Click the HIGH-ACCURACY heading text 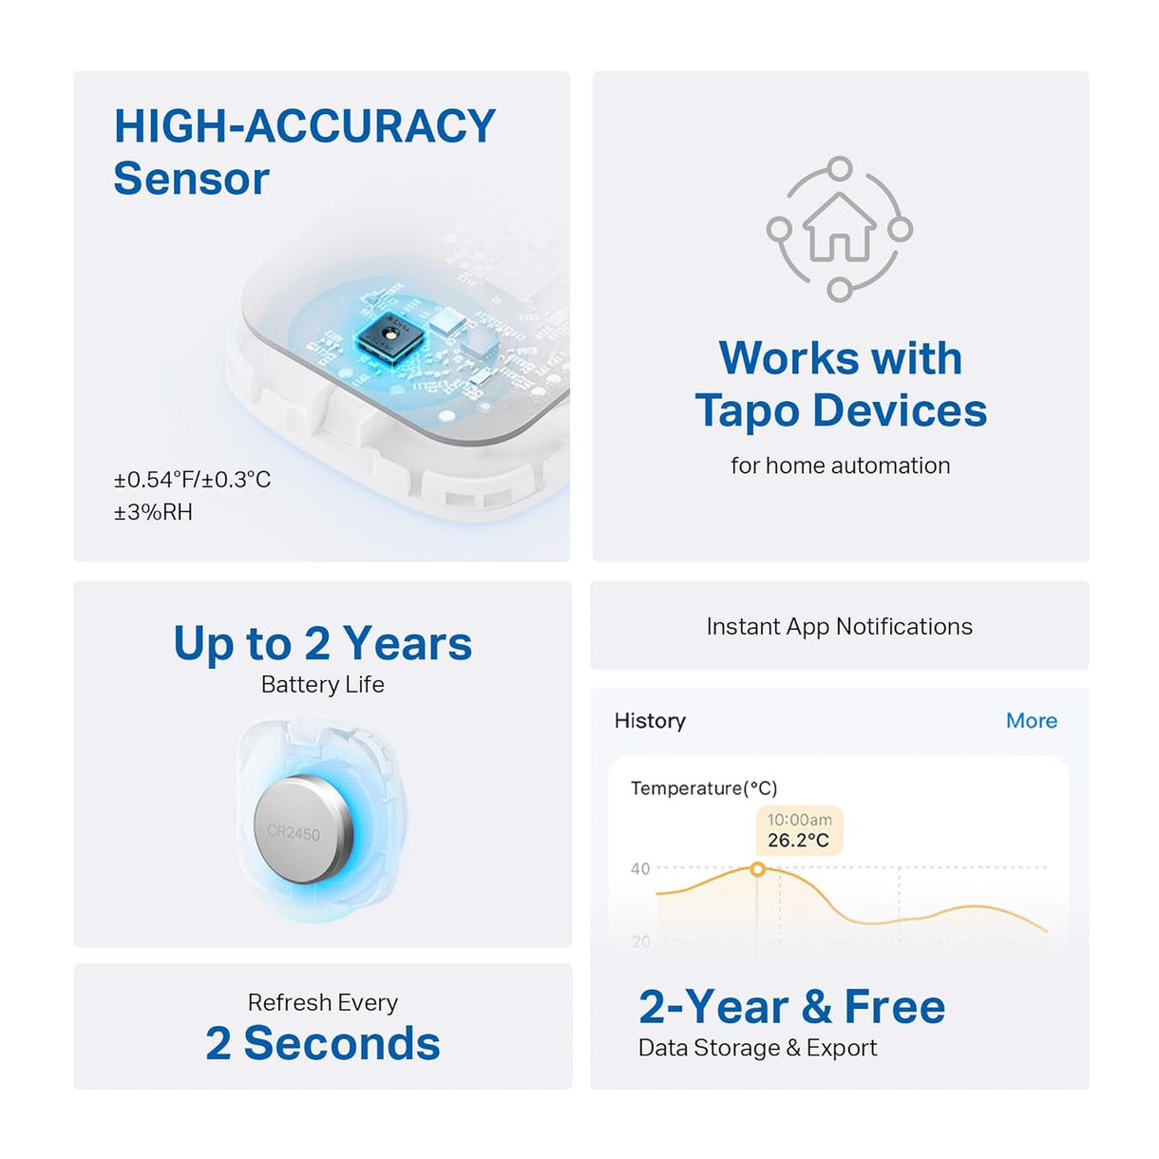pyautogui.click(x=304, y=127)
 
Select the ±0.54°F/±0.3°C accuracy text pyautogui.click(x=192, y=480)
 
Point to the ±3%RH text pyautogui.click(x=153, y=512)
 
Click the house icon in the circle pyautogui.click(x=839, y=228)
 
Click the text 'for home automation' pyautogui.click(x=840, y=465)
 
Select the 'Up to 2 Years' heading pyautogui.click(x=322, y=643)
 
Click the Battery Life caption pyautogui.click(x=322, y=684)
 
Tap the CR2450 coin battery pyautogui.click(x=302, y=829)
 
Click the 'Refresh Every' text pyautogui.click(x=322, y=1002)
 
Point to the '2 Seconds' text pyautogui.click(x=322, y=1043)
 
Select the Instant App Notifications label pyautogui.click(x=839, y=626)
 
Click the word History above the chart pyautogui.click(x=650, y=721)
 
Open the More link pyautogui.click(x=1031, y=721)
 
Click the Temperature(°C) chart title pyautogui.click(x=704, y=788)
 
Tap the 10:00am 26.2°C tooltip pyautogui.click(x=799, y=830)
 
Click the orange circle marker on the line pyautogui.click(x=757, y=868)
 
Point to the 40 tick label pyautogui.click(x=640, y=868)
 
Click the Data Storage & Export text pyautogui.click(x=757, y=1048)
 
